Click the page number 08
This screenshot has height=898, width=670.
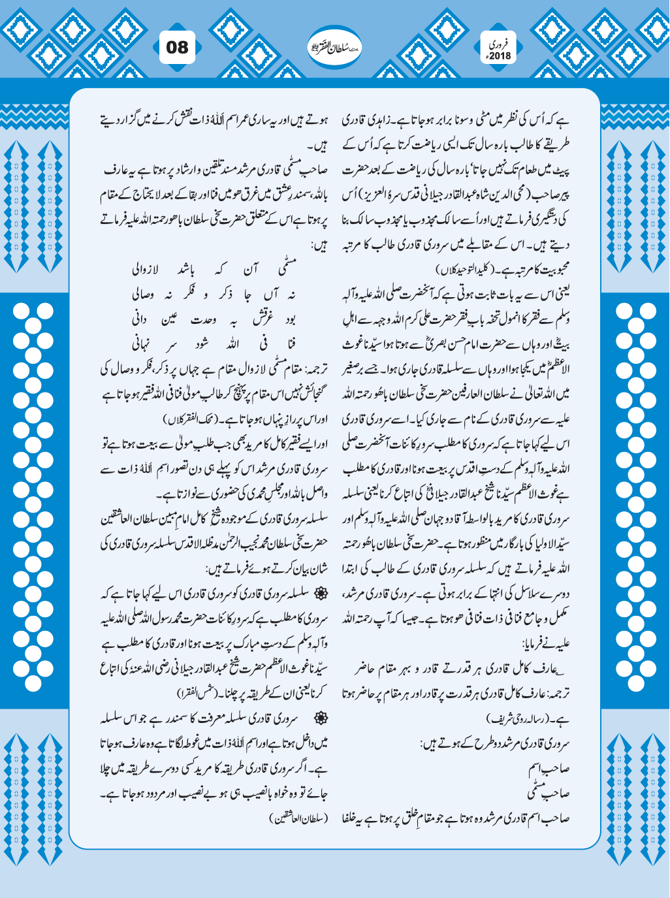click(x=176, y=48)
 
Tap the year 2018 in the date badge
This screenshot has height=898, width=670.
click(x=501, y=55)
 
